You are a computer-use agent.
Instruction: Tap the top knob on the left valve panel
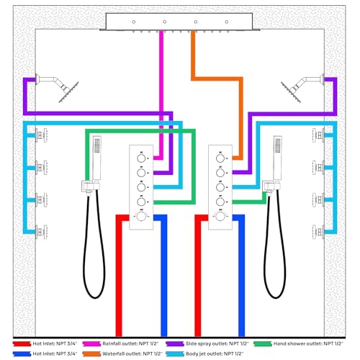click(x=141, y=158)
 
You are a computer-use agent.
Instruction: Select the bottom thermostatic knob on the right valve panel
click(x=220, y=217)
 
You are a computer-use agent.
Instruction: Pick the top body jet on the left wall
click(x=42, y=135)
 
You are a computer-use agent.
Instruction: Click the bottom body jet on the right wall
click(x=318, y=232)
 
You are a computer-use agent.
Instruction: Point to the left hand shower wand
click(x=96, y=158)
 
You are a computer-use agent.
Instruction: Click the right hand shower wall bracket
click(x=271, y=186)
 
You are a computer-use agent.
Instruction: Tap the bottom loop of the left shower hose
click(x=95, y=298)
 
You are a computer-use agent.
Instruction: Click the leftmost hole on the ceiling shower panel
click(x=134, y=22)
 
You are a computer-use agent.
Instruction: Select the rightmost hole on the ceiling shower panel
click(x=227, y=22)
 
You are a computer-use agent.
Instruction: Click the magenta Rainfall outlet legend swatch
click(x=91, y=343)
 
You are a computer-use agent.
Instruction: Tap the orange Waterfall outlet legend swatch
click(x=91, y=354)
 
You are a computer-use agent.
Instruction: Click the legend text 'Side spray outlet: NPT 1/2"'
click(x=217, y=343)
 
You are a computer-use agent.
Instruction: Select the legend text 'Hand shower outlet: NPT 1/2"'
click(x=308, y=343)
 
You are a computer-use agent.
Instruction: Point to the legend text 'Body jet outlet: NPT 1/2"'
click(x=215, y=354)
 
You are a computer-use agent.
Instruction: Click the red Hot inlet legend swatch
click(x=22, y=343)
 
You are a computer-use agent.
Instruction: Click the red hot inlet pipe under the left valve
click(x=119, y=276)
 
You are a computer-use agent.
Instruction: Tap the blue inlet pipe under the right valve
click(x=242, y=276)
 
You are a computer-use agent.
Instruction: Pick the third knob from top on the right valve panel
click(x=220, y=187)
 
